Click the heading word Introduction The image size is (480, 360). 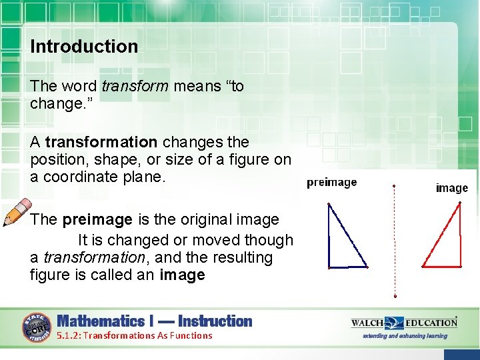tap(84, 47)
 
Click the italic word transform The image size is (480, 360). tap(134, 87)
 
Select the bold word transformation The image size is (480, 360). tap(101, 142)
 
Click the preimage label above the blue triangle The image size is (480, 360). tap(331, 183)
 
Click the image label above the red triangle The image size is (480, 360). tap(451, 188)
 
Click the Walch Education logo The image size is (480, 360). tap(404, 323)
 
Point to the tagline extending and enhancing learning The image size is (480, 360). tap(405, 336)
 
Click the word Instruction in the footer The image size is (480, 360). tap(215, 321)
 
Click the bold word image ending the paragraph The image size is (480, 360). tap(182, 275)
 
